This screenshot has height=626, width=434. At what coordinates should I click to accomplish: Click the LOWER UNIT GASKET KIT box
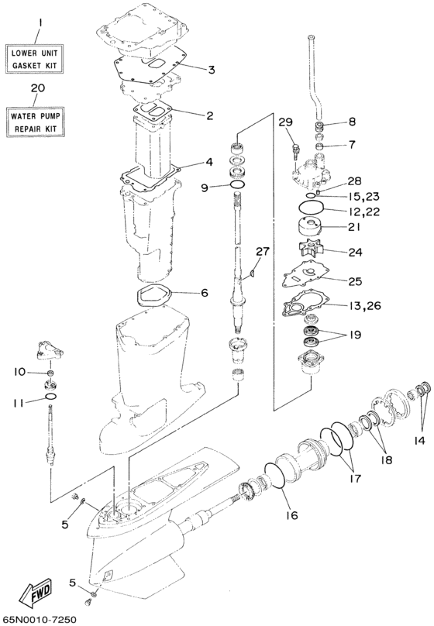tap(34, 59)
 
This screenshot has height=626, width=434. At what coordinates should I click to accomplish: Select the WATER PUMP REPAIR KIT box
tap(36, 122)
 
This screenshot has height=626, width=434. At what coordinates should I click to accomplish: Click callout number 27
tap(263, 251)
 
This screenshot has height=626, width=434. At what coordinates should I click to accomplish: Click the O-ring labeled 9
tap(239, 184)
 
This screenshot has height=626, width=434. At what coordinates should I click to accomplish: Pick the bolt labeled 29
tap(296, 150)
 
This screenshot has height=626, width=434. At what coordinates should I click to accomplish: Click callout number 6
tap(205, 293)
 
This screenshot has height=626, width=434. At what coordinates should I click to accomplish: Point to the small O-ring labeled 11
tap(50, 396)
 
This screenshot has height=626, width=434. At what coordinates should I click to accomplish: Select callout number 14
tap(418, 440)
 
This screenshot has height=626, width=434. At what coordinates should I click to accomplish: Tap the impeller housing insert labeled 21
tap(309, 227)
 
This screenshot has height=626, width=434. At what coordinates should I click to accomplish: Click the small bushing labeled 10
tap(50, 373)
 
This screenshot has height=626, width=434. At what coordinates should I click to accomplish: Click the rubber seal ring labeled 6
tap(154, 294)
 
